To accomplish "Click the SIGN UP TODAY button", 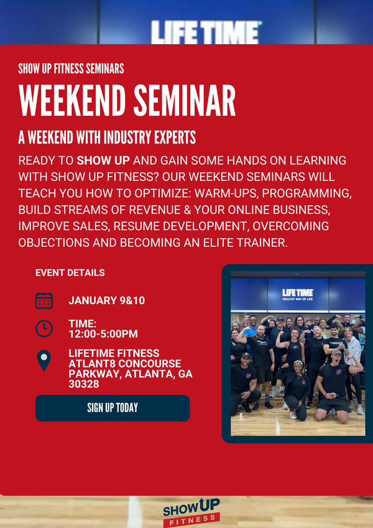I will pos(113,408).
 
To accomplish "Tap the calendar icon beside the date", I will pos(44,300).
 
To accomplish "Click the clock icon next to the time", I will pos(44,328).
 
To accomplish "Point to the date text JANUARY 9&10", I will pos(106,300).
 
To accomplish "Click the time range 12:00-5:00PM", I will pos(103,334).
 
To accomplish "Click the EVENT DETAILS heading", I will pos(70,272).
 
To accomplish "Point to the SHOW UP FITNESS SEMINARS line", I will pos(71,68).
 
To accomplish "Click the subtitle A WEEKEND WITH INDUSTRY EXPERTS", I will pos(107,137).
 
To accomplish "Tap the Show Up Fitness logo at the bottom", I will pos(191,512).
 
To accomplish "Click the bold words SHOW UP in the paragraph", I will pos(103,160).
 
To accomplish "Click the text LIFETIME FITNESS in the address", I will pos(114,353).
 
